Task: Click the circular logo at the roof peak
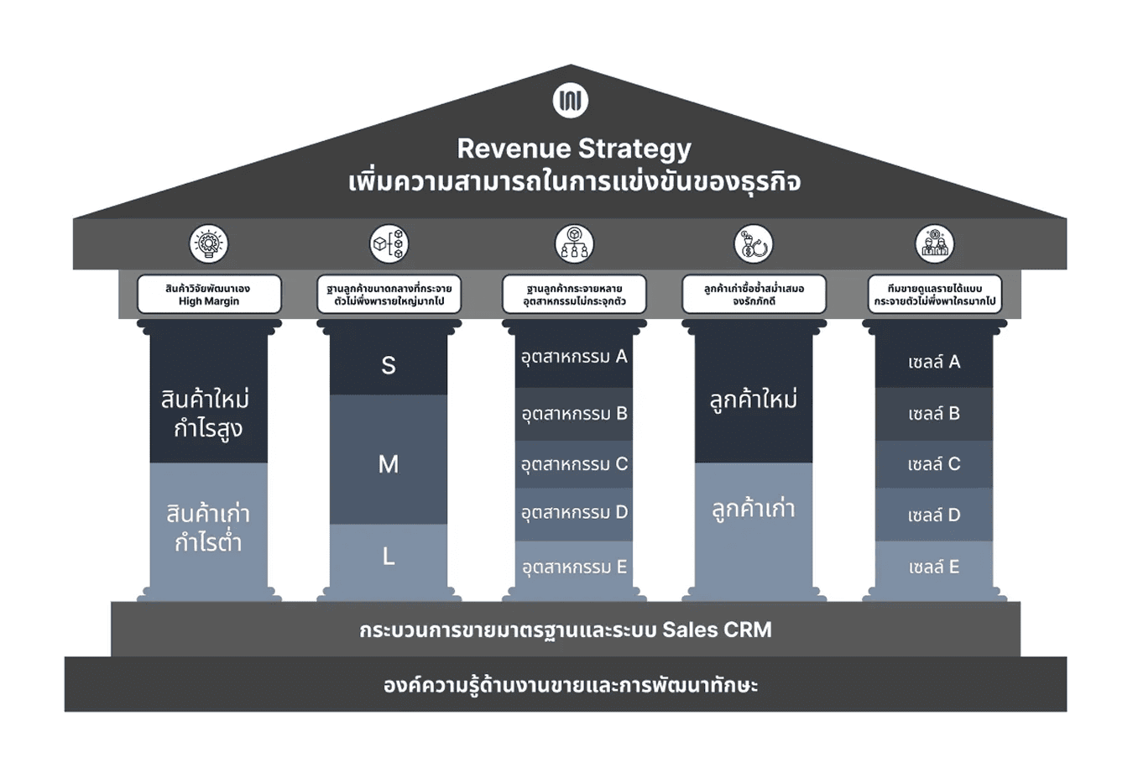pos(571,101)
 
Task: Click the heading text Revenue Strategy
pos(574,149)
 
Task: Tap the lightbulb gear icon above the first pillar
pos(208,244)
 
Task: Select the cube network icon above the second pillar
pos(389,244)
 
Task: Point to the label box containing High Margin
pos(209,295)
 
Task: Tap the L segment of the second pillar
pos(389,556)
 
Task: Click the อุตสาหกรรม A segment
pos(574,357)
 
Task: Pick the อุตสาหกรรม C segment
pos(574,464)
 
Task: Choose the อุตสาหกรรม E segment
pos(574,567)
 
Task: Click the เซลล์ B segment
pos(933,414)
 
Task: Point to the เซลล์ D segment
pos(933,515)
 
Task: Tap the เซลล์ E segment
pos(933,567)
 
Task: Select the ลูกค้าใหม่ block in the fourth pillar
pos(754,399)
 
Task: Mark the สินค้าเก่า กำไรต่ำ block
pos(208,527)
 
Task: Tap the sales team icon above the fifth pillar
pos(934,244)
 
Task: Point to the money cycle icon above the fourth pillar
pos(754,244)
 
